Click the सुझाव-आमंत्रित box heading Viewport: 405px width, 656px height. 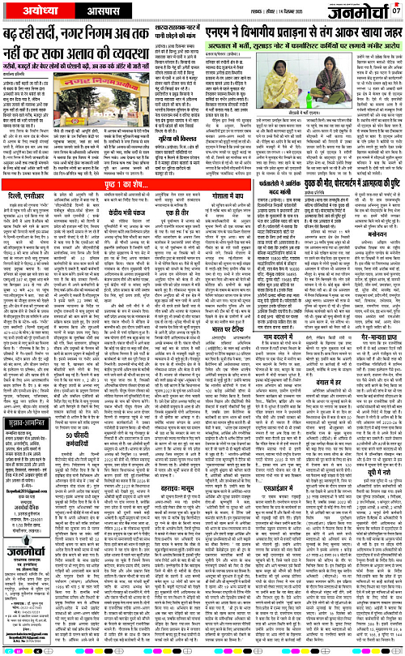29,420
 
